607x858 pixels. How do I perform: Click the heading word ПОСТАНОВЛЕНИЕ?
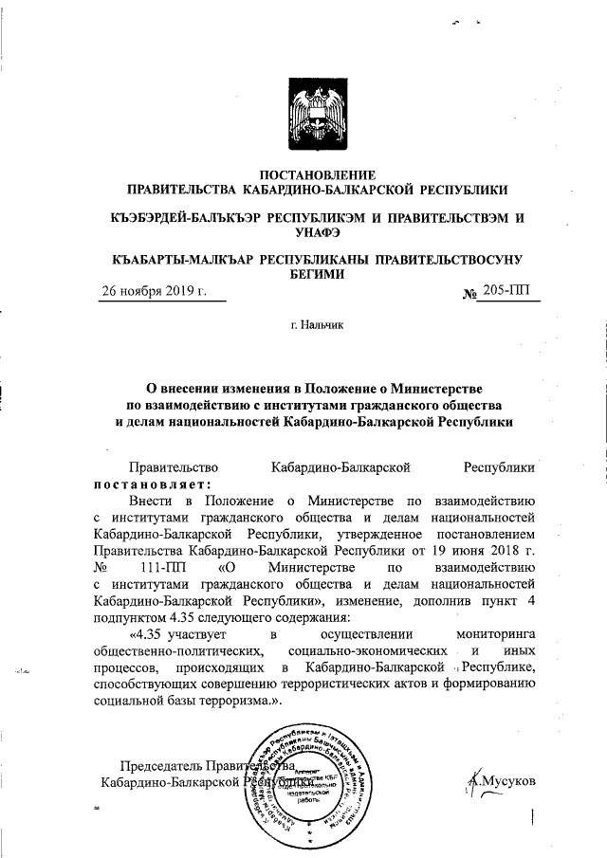(318, 173)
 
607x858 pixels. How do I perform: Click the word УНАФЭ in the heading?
(318, 233)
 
